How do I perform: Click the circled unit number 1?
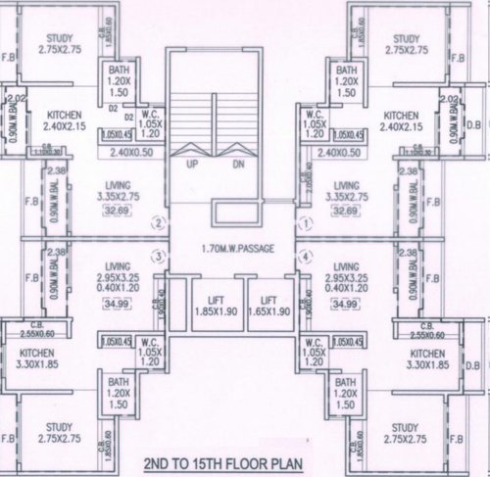pos(307,223)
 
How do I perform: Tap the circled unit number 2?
pos(159,223)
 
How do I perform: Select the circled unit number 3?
pos(159,258)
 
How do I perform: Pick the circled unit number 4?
pos(307,258)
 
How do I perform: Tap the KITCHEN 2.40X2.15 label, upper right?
pos(407,120)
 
